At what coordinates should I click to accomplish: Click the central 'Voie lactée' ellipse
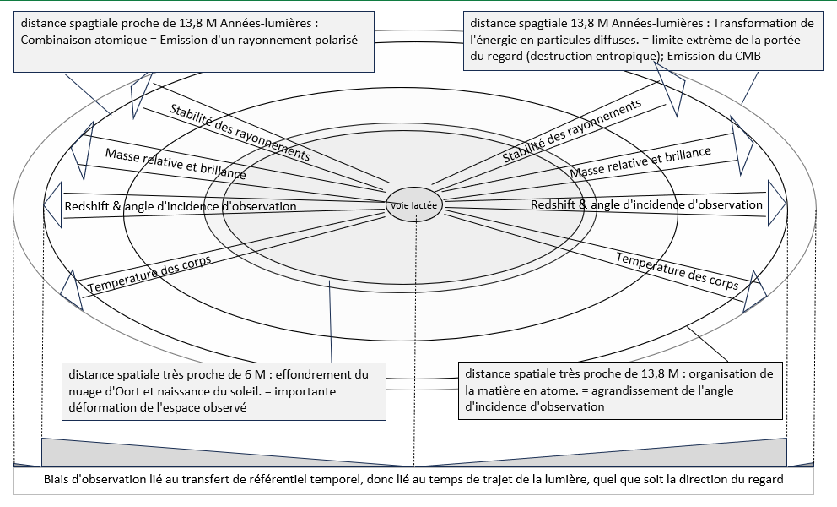(414, 204)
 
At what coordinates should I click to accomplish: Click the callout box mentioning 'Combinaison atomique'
(194, 41)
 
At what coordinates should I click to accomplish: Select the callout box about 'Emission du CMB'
(643, 41)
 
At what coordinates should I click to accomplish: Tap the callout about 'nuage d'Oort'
(224, 391)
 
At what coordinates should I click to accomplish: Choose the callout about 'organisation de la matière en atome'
(620, 390)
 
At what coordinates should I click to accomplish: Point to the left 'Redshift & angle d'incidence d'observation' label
(181, 206)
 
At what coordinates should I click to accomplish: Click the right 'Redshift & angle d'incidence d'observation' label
(646, 204)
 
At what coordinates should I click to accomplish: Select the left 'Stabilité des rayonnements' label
(240, 133)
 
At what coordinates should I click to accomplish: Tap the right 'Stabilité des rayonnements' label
(572, 131)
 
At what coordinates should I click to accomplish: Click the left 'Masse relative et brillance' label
(175, 164)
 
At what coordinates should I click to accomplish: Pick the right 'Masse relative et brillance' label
(640, 162)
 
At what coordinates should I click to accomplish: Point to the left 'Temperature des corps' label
(149, 275)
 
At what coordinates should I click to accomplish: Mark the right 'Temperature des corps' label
(678, 270)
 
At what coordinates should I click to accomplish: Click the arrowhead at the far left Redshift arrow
(53, 204)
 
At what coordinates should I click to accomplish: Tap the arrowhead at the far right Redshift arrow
(777, 204)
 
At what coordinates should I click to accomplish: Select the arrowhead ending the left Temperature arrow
(72, 291)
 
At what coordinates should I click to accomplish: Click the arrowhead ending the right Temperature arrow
(755, 292)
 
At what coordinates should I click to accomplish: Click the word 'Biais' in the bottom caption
(56, 479)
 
